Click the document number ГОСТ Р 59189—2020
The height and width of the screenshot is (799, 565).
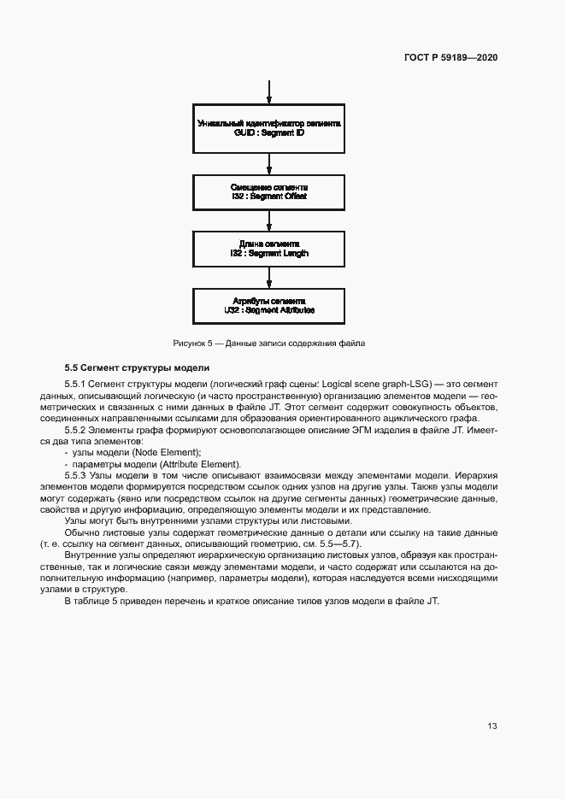pos(450,57)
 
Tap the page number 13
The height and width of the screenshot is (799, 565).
pos(492,726)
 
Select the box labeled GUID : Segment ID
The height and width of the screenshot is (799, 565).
pos(269,129)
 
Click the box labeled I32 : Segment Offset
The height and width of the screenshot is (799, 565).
pos(269,191)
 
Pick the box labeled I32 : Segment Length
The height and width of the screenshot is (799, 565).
pos(269,249)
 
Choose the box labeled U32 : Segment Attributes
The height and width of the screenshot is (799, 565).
pos(269,306)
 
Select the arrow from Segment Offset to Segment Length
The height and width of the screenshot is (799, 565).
pos(269,220)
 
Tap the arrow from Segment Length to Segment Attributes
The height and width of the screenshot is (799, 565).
pos(269,278)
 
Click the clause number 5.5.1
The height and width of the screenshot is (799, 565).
pos(76,385)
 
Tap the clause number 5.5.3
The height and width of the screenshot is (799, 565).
pos(76,474)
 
